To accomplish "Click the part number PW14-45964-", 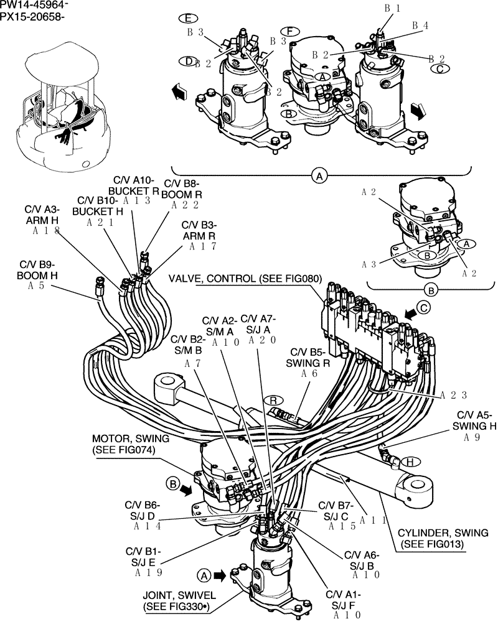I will [34, 5].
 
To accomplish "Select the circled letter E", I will [184, 17].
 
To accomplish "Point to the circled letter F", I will [287, 30].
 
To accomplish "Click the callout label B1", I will [391, 9].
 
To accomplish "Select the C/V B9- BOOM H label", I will [42, 269].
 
